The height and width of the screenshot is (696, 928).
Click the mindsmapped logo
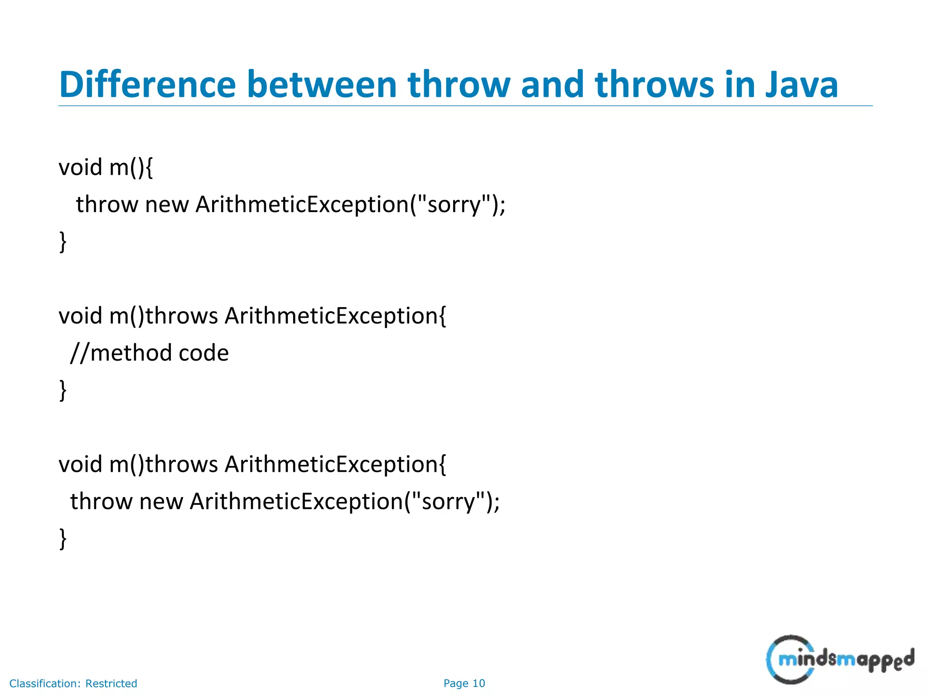pyautogui.click(x=840, y=660)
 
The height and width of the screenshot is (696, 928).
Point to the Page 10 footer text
pyautogui.click(x=464, y=683)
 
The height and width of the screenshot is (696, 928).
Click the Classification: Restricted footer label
pyautogui.click(x=73, y=683)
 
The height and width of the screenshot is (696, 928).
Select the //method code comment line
pyautogui.click(x=150, y=353)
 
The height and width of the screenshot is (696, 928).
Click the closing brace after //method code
pyautogui.click(x=63, y=390)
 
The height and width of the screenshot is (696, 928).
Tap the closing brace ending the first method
pyautogui.click(x=63, y=241)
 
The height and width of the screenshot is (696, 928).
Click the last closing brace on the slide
pyautogui.click(x=63, y=538)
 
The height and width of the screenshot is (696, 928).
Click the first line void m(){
pyautogui.click(x=106, y=167)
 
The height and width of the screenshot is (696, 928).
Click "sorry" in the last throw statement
pyautogui.click(x=449, y=502)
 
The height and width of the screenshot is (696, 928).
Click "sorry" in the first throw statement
pyautogui.click(x=454, y=204)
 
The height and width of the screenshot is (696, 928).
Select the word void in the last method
pyautogui.click(x=80, y=464)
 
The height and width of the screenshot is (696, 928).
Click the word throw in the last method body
pyautogui.click(x=101, y=502)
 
